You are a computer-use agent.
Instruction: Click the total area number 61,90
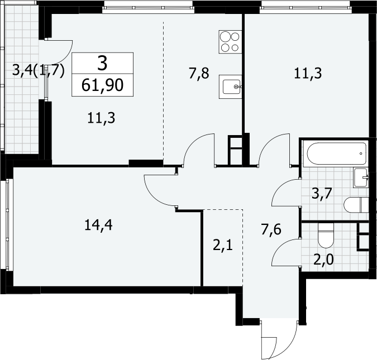pos(102,85)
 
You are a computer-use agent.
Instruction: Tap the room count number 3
pos(102,63)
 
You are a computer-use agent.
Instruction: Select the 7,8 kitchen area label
pos(199,73)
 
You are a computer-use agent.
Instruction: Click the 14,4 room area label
pos(98,225)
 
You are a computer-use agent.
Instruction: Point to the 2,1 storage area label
pos(223,246)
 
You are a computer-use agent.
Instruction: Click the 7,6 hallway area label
pos(271,229)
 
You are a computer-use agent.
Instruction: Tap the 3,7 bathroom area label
pos(322,194)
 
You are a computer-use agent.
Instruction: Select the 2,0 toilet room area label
pos(323,260)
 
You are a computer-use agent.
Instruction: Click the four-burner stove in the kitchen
pos(230,42)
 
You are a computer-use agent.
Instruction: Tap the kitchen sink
pos(230,87)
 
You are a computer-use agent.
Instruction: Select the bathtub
pos(336,153)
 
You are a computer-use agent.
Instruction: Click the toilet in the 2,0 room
pos(326,236)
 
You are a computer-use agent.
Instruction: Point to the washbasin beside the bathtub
pos(361,177)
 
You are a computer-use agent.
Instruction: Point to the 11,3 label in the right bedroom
pos(308,73)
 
